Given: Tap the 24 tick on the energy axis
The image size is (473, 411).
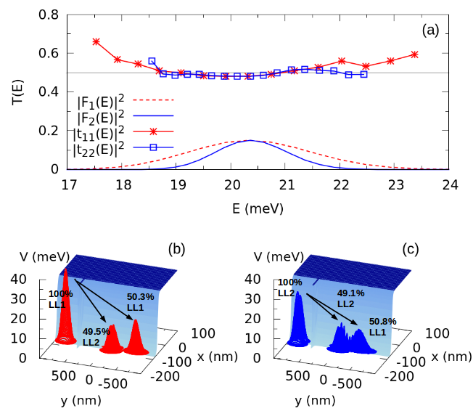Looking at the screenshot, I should [x=450, y=184].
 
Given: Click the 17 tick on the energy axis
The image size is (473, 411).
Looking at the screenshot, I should [x=69, y=184].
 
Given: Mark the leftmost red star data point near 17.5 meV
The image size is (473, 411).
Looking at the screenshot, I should [x=96, y=41].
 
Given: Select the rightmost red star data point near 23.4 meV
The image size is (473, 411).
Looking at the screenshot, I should [x=414, y=54].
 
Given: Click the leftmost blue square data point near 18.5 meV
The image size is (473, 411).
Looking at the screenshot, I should [x=152, y=62].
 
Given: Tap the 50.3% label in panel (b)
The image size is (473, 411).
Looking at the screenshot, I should [x=141, y=302].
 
